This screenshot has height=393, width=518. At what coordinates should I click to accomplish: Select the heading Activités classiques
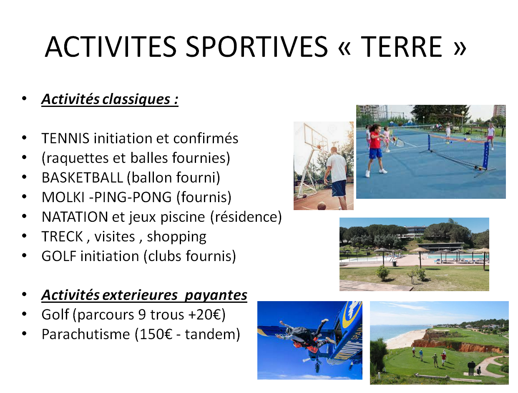(x=110, y=99)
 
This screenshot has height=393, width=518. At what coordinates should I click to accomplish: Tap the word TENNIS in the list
(x=65, y=138)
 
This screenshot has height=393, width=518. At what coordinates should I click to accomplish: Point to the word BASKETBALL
(x=82, y=177)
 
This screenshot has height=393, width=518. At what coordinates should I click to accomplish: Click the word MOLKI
(x=63, y=197)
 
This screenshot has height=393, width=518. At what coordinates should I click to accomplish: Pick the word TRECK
(x=62, y=236)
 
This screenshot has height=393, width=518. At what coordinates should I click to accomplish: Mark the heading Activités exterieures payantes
(x=144, y=295)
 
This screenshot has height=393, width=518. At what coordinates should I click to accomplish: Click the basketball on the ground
(x=322, y=205)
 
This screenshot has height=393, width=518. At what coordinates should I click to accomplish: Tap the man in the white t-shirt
(x=335, y=177)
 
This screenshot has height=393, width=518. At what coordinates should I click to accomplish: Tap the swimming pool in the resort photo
(x=455, y=256)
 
